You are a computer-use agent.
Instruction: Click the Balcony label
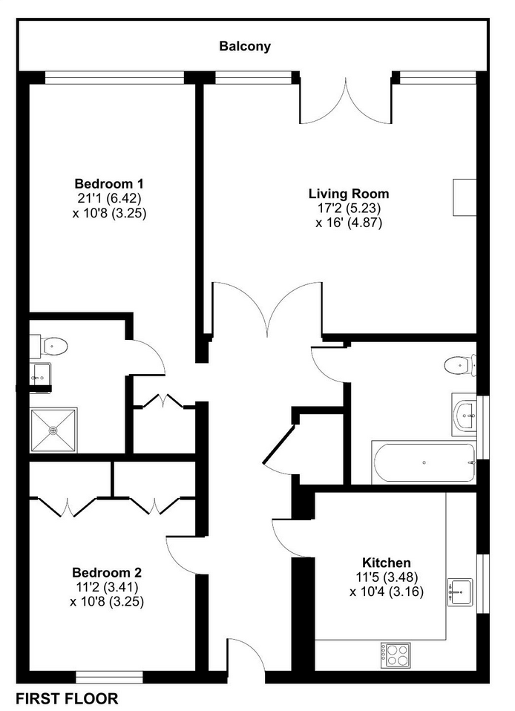click(x=245, y=46)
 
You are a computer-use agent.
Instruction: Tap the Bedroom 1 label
click(x=109, y=183)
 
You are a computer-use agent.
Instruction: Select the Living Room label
click(x=349, y=194)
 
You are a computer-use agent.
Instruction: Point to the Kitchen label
click(x=386, y=563)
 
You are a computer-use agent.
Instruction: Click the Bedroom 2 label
click(x=107, y=572)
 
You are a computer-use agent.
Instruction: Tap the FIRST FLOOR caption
click(x=67, y=699)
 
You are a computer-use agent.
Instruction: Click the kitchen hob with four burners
click(x=396, y=655)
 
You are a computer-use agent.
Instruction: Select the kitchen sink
click(x=460, y=592)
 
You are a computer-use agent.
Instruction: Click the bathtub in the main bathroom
click(x=424, y=462)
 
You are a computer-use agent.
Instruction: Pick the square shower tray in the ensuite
click(x=53, y=430)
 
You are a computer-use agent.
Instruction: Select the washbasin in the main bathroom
click(x=465, y=414)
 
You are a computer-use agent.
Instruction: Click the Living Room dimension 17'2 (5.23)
click(x=349, y=208)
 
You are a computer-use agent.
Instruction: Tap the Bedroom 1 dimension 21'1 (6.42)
click(x=109, y=198)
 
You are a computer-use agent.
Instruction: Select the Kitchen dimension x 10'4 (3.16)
click(x=386, y=592)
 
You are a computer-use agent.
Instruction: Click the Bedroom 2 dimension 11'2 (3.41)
click(x=107, y=587)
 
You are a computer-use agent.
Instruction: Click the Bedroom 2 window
click(x=109, y=677)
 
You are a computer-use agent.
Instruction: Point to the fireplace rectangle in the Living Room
click(x=465, y=197)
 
